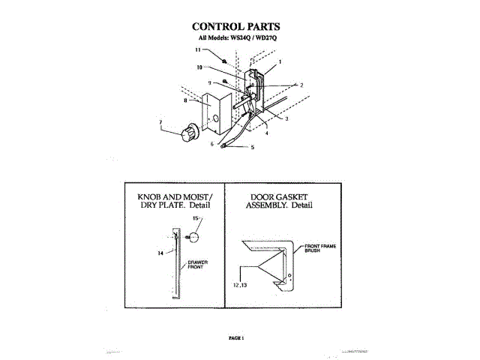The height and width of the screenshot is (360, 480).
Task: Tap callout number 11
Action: (x=198, y=50)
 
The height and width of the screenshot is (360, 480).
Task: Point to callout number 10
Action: (x=200, y=67)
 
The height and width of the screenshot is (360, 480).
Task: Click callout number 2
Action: (x=301, y=85)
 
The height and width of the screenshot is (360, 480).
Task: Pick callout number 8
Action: (x=184, y=99)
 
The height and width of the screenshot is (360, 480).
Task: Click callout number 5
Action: (x=252, y=147)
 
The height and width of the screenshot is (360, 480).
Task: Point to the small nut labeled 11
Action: (x=225, y=58)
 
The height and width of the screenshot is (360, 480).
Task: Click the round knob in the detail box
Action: (x=193, y=237)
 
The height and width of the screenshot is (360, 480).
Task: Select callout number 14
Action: (x=160, y=253)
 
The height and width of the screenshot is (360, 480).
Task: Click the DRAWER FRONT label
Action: (x=197, y=265)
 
